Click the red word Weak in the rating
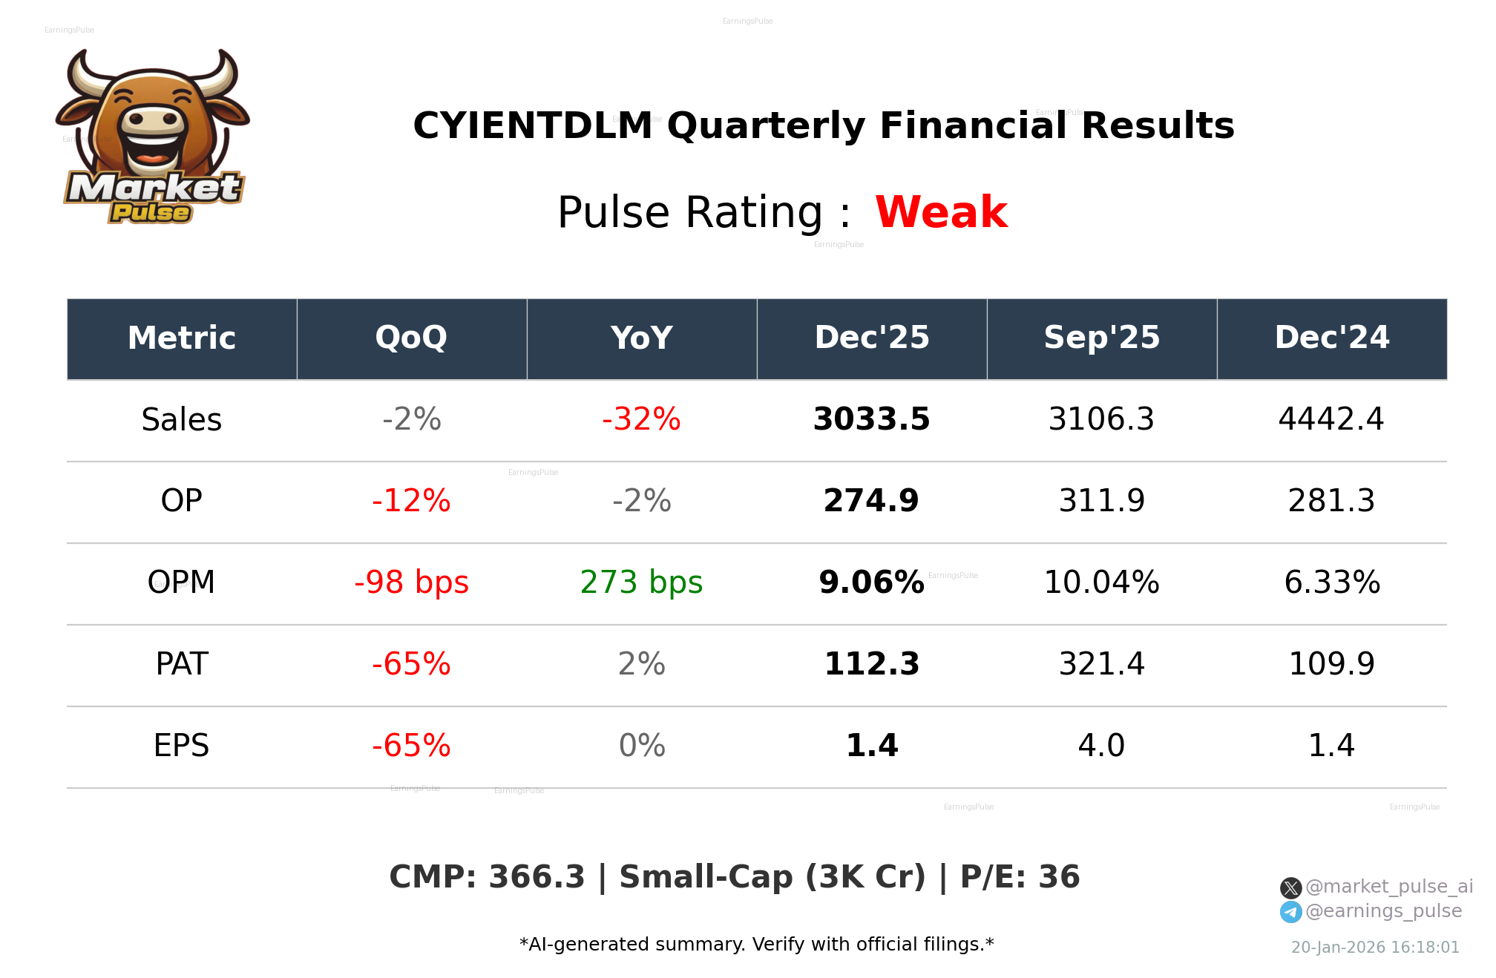[x=941, y=212]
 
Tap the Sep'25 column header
[x=1101, y=338]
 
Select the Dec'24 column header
[x=1331, y=338]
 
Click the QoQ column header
[x=411, y=338]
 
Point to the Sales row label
[x=182, y=420]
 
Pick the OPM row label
[x=182, y=582]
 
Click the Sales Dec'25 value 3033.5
[x=871, y=419]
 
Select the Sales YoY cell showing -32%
[x=641, y=419]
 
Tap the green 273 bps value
[x=641, y=582]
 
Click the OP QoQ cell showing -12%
[x=411, y=501]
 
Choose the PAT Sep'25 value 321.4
[x=1101, y=664]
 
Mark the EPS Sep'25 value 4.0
[x=1101, y=746]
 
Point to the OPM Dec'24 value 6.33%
[x=1331, y=582]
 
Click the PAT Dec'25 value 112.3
[x=871, y=664]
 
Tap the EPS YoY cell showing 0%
[x=641, y=746]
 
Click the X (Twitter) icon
[x=1290, y=887]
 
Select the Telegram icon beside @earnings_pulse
[x=1290, y=912]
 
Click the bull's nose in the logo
[x=153, y=121]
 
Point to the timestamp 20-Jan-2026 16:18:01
[x=1375, y=948]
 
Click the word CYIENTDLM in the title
[x=532, y=125]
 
